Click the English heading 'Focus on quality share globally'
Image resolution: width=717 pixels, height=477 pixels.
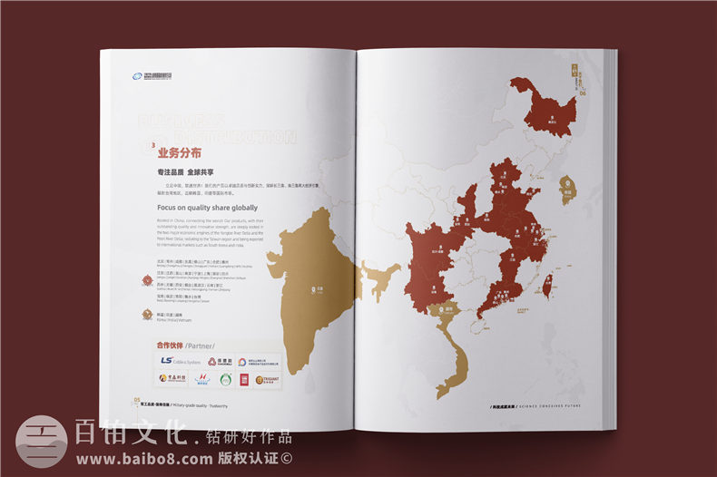(x=208, y=208)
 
